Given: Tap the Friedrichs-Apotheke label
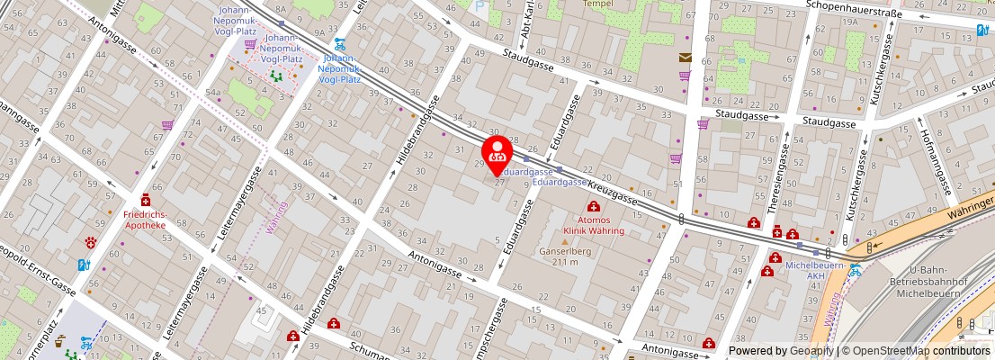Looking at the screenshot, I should click(x=145, y=220).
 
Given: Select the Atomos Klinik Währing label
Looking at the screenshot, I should click(x=594, y=225).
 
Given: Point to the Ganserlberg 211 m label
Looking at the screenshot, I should click(x=565, y=256).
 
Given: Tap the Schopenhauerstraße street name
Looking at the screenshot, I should click(x=855, y=4).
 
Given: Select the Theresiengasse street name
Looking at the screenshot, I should click(x=781, y=171).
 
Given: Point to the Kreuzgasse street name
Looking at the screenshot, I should click(x=612, y=189).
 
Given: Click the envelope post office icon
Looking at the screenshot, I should click(x=686, y=58).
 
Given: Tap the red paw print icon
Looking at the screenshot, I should click(x=91, y=242).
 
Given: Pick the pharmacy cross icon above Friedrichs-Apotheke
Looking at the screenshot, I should click(x=145, y=201).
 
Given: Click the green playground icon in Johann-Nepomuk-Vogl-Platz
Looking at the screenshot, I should click(x=277, y=77).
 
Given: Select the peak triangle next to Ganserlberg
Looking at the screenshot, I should click(x=565, y=241).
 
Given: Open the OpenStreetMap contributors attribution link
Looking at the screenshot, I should click(x=916, y=351).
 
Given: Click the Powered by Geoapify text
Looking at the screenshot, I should click(x=780, y=351).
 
